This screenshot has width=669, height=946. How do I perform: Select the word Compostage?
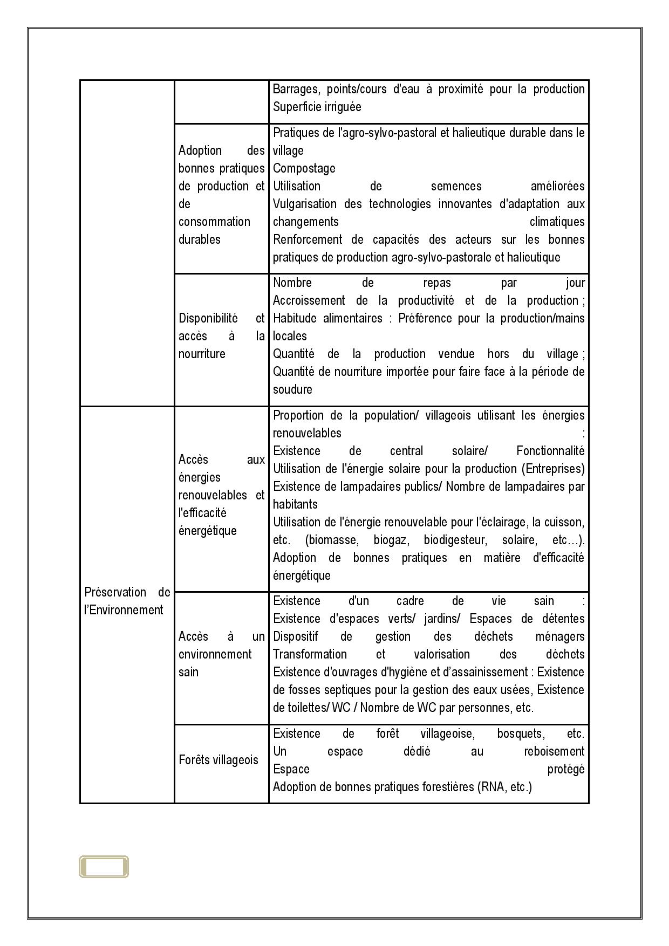point(304,169)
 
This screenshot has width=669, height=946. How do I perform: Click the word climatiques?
point(557,222)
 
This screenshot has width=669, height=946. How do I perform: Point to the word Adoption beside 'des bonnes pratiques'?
point(200,151)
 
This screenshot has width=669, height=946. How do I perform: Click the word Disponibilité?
point(208,319)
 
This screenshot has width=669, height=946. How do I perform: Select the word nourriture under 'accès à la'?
point(202,354)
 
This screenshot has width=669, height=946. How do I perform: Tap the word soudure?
point(292,390)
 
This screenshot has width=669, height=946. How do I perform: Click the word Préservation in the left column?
point(115,593)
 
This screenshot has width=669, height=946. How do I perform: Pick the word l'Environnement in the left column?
point(124,611)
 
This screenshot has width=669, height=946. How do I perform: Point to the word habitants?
point(295,505)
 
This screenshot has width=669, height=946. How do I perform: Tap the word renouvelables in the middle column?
point(213,496)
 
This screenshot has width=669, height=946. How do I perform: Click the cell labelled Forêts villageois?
point(219,760)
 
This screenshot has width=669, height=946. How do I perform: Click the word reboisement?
point(554,752)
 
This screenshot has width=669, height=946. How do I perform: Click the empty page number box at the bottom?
point(104,867)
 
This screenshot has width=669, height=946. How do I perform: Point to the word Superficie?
point(297,107)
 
